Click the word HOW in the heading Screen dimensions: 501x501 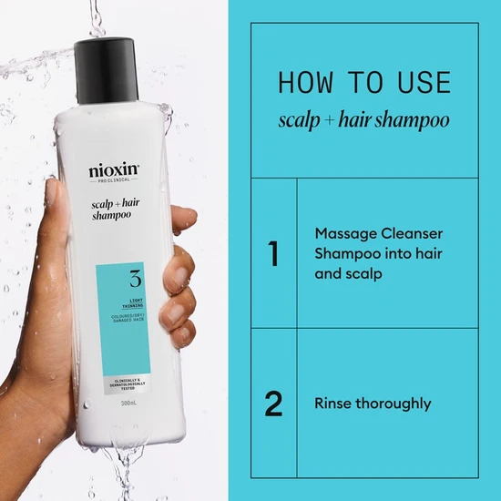[x=307, y=83]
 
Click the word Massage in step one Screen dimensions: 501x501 [x=343, y=232]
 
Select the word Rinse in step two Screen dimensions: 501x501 [x=332, y=403]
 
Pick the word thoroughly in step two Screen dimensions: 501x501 [x=393, y=404]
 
